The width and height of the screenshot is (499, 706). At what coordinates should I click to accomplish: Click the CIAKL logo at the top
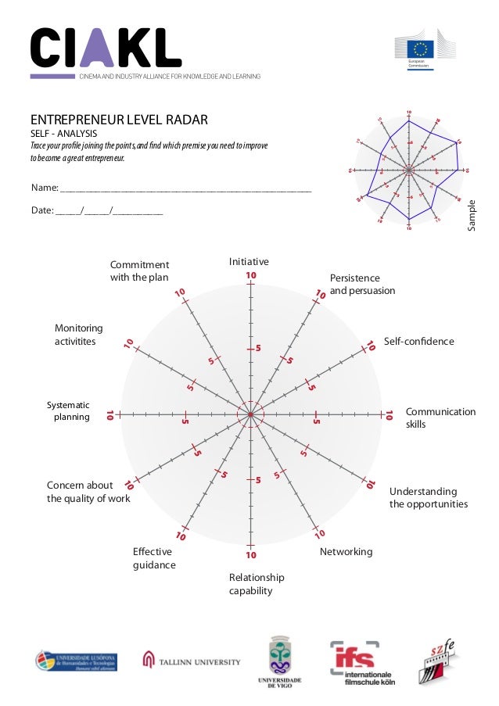point(106,48)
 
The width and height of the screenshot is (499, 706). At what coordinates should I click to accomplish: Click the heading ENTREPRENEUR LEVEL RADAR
point(119,120)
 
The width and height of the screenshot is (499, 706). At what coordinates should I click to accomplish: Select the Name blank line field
point(185,189)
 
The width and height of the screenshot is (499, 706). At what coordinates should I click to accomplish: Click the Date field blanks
point(109,210)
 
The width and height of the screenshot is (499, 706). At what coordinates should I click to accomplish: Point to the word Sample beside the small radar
point(471,214)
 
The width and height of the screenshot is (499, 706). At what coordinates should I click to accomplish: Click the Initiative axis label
point(249,261)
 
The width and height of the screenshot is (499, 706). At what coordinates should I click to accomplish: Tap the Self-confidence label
point(418,342)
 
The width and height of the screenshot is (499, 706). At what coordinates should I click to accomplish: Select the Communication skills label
point(440,418)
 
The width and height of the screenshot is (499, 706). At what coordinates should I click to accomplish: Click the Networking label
point(346,552)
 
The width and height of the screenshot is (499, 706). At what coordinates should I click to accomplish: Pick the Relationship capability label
point(257,584)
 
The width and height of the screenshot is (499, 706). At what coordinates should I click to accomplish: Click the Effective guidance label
point(154,558)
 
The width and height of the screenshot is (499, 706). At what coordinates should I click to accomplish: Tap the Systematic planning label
point(70,411)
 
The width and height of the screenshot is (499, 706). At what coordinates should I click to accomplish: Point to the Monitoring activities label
point(78,335)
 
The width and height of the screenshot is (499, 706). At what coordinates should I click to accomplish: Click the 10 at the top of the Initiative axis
point(251,275)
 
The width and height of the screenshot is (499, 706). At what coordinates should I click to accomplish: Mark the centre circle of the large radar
point(250,415)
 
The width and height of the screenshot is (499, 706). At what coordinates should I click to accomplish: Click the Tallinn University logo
point(192,661)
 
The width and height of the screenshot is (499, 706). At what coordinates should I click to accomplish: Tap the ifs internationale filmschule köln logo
point(361,661)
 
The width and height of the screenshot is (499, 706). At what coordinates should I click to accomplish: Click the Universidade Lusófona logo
point(76,661)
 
